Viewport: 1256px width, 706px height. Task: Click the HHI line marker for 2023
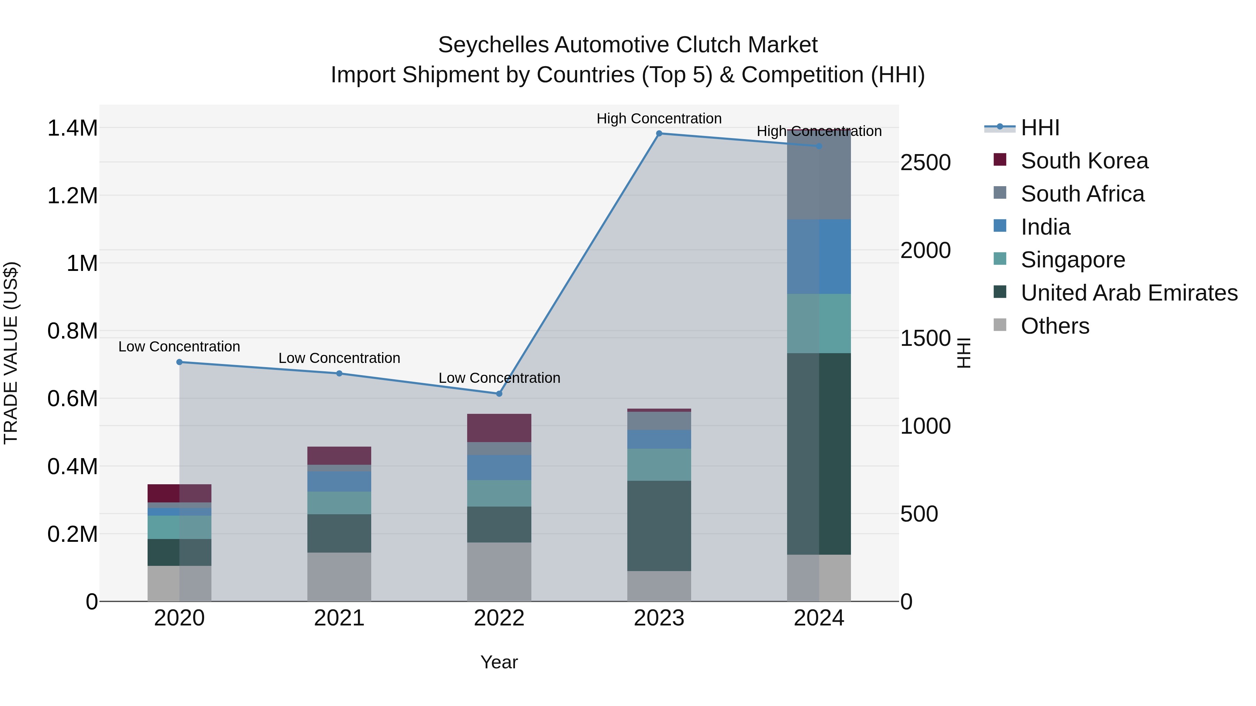(x=659, y=134)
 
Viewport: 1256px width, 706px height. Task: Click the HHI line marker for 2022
(x=499, y=394)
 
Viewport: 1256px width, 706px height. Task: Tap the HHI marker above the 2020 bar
(x=179, y=362)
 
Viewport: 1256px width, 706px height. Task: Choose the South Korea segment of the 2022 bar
(x=499, y=428)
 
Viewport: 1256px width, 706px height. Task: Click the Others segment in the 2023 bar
(x=659, y=586)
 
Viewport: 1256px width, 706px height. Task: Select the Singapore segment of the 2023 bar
(x=659, y=464)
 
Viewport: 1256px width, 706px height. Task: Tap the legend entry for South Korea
(x=1084, y=161)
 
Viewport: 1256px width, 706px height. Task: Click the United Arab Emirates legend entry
(x=1129, y=293)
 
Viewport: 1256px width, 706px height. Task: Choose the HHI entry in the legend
(x=1040, y=128)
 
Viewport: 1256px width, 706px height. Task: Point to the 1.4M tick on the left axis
(x=72, y=128)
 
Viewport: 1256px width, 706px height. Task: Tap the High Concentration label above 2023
(x=659, y=119)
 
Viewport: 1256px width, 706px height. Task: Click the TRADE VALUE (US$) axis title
(x=11, y=353)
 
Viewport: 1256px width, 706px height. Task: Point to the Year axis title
(x=499, y=662)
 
